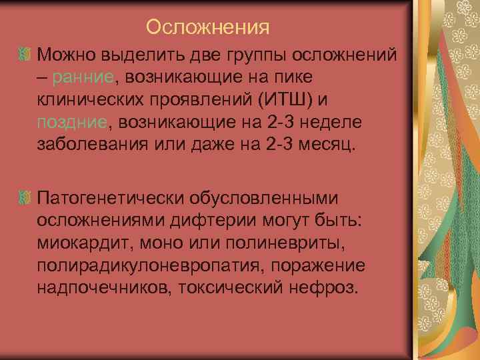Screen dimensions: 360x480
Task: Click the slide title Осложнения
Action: (x=207, y=27)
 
